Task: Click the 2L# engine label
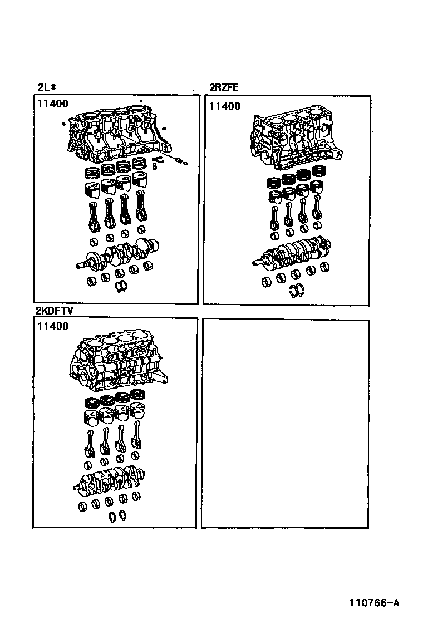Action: [47, 87]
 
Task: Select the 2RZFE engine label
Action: [224, 87]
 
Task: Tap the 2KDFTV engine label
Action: [54, 311]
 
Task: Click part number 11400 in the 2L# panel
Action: [53, 104]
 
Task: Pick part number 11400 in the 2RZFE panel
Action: [224, 106]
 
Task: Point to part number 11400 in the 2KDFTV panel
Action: [53, 326]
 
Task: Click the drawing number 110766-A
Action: [374, 602]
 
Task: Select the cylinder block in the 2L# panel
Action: [119, 134]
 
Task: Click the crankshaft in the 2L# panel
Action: [117, 253]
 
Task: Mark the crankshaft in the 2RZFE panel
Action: [292, 253]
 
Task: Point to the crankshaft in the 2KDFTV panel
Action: [109, 480]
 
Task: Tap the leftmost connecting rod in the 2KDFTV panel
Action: [90, 444]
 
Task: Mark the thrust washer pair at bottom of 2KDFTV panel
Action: [117, 516]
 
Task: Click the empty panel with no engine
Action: [285, 424]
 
